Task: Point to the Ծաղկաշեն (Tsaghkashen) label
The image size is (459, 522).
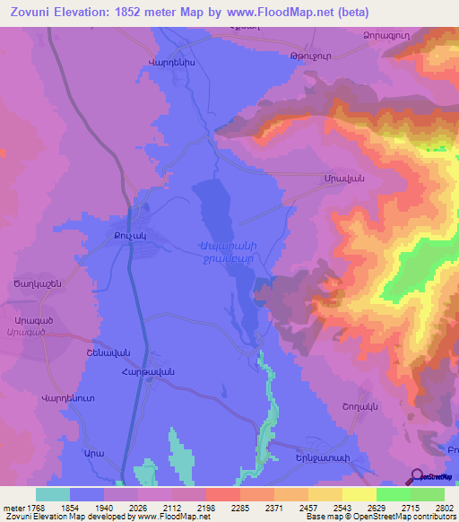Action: [37, 283]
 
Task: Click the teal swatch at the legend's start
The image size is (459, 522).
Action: [53, 494]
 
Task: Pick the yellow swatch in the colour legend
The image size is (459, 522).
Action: [359, 494]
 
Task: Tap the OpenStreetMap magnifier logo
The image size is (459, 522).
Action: [418, 477]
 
